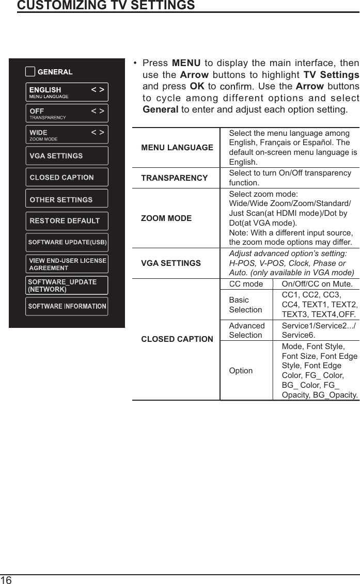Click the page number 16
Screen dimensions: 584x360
6,579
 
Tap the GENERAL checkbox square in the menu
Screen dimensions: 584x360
30,72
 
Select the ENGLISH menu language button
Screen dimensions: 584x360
67,92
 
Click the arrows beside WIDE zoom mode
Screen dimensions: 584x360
98,133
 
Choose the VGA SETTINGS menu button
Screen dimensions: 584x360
67,155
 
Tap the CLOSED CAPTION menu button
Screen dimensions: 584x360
67,177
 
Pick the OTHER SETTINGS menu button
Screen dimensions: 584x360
67,199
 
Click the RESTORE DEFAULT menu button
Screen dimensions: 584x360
67,220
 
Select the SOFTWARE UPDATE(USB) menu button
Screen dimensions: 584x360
67,242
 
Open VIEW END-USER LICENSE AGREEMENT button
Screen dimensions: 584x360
67,264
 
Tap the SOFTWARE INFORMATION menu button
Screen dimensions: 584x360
67,306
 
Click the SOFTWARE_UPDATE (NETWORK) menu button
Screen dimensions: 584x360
67,286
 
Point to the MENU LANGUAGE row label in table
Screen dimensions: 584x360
177,148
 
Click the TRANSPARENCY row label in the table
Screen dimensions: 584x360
175,178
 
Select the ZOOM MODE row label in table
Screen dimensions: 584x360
166,218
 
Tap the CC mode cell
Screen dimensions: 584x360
246,284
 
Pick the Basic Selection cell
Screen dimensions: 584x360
246,305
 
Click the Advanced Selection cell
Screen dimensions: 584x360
247,330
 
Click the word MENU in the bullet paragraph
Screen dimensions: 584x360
186,64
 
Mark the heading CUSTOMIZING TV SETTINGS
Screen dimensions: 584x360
106,6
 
